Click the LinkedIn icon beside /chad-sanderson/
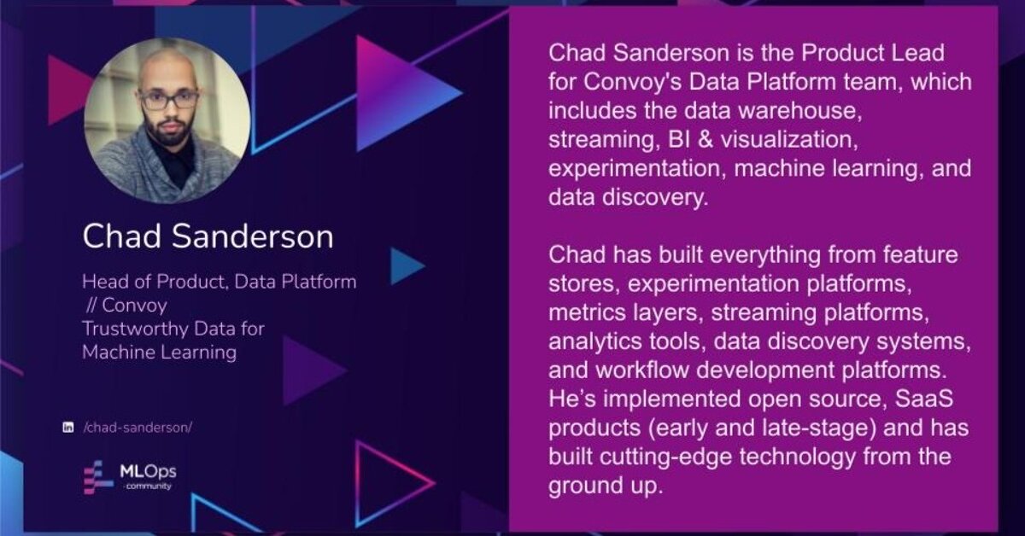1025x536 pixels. [68, 428]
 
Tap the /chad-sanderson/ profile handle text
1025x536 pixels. [138, 428]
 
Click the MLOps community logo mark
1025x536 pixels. [98, 477]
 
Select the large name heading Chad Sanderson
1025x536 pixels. [208, 236]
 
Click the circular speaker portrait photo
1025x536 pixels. [167, 120]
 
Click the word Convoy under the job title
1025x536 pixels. [135, 306]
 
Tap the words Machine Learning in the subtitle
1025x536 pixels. [159, 352]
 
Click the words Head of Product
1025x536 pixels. [155, 282]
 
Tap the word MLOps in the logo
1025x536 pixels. [148, 471]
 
